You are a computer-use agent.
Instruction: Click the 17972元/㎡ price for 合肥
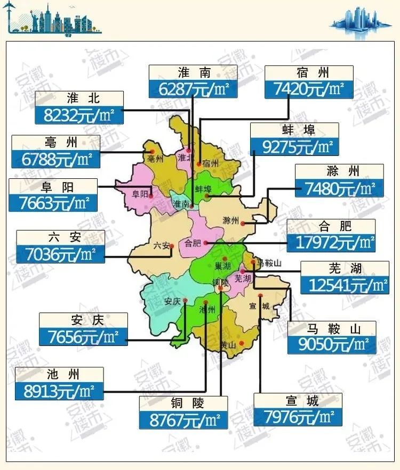click(331, 243)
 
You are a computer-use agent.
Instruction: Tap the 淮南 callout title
click(193, 73)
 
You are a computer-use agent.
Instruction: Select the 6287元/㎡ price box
click(193, 89)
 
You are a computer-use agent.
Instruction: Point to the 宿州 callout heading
click(309, 73)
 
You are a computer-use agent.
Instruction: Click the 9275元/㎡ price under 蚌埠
click(294, 146)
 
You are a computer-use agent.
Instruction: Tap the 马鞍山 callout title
click(331, 328)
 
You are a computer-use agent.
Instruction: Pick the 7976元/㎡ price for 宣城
click(298, 416)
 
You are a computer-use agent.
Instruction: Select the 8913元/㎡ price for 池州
click(60, 391)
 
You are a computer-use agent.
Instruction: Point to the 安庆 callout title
click(83, 320)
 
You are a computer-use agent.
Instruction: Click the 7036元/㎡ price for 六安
click(60, 254)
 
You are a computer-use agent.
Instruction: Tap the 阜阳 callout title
click(53, 187)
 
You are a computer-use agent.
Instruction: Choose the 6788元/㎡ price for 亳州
click(55, 159)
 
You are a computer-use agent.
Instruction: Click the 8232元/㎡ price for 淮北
click(79, 114)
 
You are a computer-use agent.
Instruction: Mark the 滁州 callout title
click(339, 172)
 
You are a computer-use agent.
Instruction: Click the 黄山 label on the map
click(228, 345)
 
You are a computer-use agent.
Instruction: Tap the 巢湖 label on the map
click(222, 266)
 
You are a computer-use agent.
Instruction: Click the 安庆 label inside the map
click(172, 301)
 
